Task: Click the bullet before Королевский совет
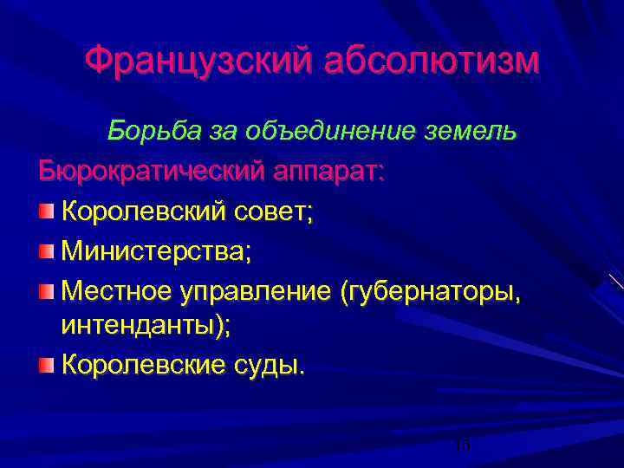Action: point(47,210)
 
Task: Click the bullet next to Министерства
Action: point(47,250)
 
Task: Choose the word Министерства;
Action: point(157,251)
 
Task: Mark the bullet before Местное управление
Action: point(47,289)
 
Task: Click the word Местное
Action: point(114,290)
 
